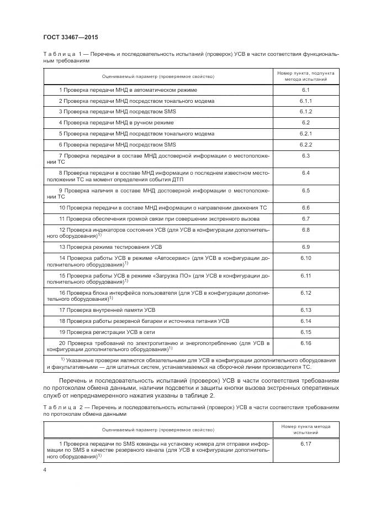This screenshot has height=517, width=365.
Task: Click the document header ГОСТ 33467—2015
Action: pyautogui.click(x=71, y=38)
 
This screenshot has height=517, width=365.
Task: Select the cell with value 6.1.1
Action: pyautogui.click(x=305, y=101)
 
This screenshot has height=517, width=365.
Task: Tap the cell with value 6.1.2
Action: pyautogui.click(x=305, y=112)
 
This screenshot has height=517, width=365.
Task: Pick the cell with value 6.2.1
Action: pyautogui.click(x=305, y=133)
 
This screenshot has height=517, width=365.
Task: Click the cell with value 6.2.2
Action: pyautogui.click(x=305, y=144)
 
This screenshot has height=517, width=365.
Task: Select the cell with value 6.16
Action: pyautogui.click(x=305, y=343)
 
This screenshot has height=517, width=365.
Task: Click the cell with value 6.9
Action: pyautogui.click(x=305, y=246)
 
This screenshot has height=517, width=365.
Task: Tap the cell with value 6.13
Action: pyautogui.click(x=305, y=310)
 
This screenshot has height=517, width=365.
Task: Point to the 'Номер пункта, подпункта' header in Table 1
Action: pyautogui.click(x=305, y=73)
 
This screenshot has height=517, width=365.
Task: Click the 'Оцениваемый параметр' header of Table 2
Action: pyautogui.click(x=158, y=429)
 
